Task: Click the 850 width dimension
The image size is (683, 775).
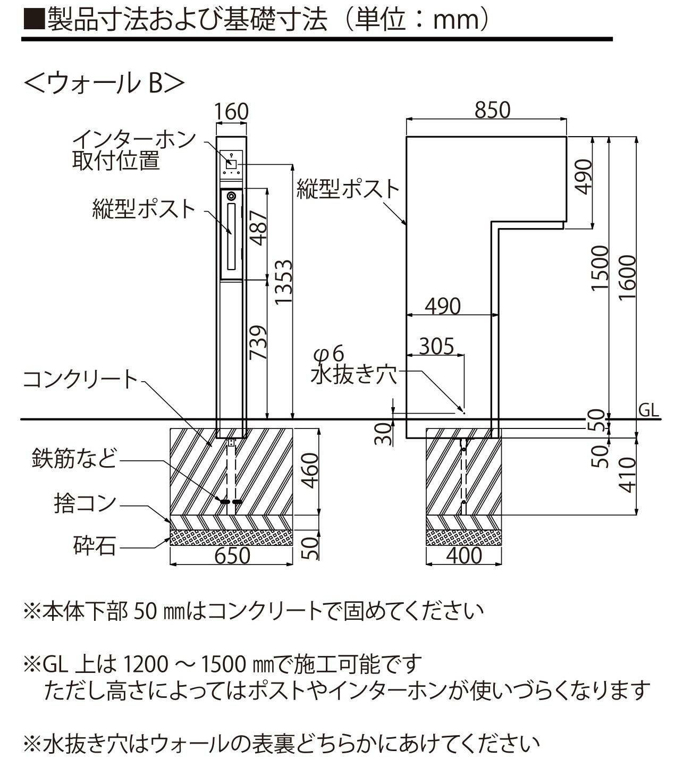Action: coord(492,110)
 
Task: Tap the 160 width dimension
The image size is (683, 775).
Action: coord(231,112)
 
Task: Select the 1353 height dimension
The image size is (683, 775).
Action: coord(283,289)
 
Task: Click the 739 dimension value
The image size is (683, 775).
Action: coord(258,342)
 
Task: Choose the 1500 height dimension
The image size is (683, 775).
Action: coord(600,268)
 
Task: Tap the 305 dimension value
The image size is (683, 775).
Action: coord(436,346)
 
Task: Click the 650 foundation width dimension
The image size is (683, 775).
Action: coord(232,556)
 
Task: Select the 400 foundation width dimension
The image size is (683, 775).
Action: coord(463,556)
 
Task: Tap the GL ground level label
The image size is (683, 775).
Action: coord(648,410)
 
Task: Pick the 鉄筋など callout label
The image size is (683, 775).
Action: coord(74,458)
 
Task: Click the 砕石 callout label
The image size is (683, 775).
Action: coord(95,545)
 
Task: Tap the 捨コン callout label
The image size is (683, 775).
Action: coord(85,503)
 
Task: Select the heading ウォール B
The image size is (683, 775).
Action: coord(104,84)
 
